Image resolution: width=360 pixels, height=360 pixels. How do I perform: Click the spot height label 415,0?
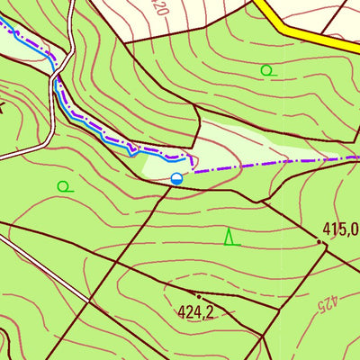[x=340, y=229]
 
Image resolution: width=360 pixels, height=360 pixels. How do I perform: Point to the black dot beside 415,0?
[x=321, y=241]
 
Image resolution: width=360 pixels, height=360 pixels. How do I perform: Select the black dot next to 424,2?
[x=199, y=296]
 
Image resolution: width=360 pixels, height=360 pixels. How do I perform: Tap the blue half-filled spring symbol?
[x=177, y=179]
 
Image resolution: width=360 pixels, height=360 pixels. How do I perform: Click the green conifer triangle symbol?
[x=229, y=237]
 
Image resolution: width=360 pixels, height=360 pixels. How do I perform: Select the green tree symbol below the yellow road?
[x=265, y=69]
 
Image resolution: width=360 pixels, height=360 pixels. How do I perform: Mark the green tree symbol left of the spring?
[x=63, y=186]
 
